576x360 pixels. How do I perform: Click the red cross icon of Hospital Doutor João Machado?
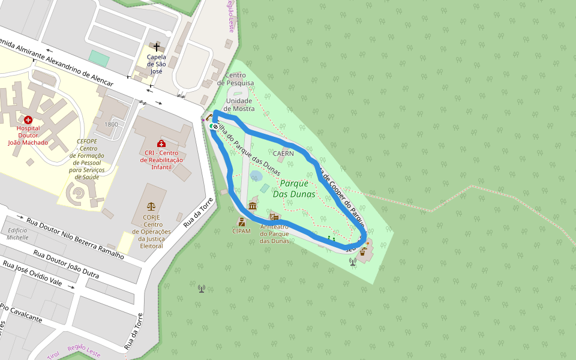(28, 120)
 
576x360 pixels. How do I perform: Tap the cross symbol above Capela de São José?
(157, 47)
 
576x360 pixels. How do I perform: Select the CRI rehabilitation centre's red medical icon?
(161, 143)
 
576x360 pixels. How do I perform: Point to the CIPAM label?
(242, 231)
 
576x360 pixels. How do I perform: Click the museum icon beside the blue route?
(252, 207)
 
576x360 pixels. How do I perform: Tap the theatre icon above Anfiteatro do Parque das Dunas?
(274, 217)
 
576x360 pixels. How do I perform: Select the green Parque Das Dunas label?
(294, 188)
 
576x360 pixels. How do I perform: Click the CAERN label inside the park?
(283, 153)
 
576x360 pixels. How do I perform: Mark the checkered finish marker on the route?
(214, 127)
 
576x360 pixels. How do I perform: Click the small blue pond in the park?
(256, 176)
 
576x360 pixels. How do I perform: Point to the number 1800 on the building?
(111, 124)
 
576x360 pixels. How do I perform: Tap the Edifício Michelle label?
(18, 234)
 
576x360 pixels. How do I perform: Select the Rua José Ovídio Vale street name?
(32, 274)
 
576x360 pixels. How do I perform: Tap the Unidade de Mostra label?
(239, 104)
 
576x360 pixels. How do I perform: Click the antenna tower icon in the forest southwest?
(202, 289)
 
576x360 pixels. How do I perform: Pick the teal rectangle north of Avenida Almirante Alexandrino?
(99, 58)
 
